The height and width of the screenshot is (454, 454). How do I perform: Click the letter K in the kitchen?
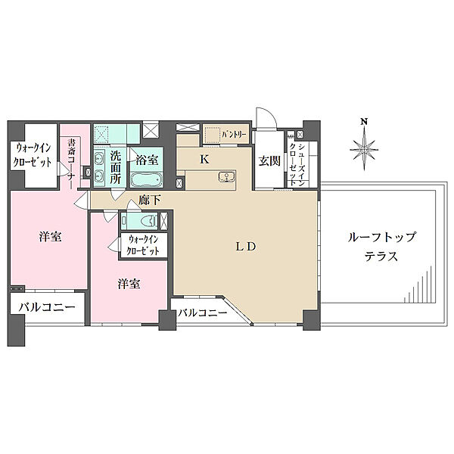204,159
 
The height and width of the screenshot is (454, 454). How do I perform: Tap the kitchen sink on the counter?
225,178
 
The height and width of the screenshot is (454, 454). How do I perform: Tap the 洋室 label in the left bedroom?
51,237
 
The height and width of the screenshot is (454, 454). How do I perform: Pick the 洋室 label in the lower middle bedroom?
128,284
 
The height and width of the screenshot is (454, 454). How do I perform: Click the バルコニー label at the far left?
42,308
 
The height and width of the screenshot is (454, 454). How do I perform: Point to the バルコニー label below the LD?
203,312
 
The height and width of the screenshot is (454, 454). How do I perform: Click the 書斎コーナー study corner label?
71,160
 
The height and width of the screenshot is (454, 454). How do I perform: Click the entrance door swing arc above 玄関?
264,116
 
